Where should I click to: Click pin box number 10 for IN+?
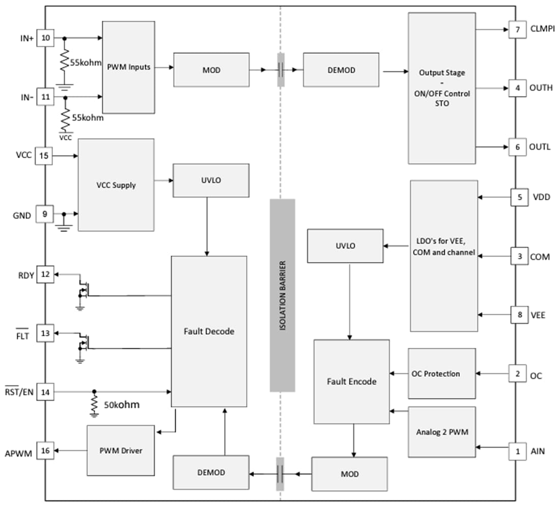pos(45,38)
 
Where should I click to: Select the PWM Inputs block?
pos(128,67)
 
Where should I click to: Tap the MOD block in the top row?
pos(211,70)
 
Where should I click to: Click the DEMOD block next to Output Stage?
pos(341,70)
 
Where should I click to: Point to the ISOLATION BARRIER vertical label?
pos(282,295)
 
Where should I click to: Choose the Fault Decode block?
pos(209,331)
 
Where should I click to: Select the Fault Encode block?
pos(351,381)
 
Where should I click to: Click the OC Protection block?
pos(442,374)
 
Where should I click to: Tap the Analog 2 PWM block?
pos(442,432)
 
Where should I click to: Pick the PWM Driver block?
pos(121,451)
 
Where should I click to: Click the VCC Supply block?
pos(116,185)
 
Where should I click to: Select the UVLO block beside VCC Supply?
pos(211,181)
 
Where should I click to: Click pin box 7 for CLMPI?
pos(517,29)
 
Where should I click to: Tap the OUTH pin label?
pos(541,88)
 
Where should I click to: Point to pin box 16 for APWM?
pos(45,451)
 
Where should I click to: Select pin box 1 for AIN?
pos(517,451)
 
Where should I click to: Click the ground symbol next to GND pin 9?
pos(64,224)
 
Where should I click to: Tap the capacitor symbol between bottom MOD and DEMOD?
pos(279,474)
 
